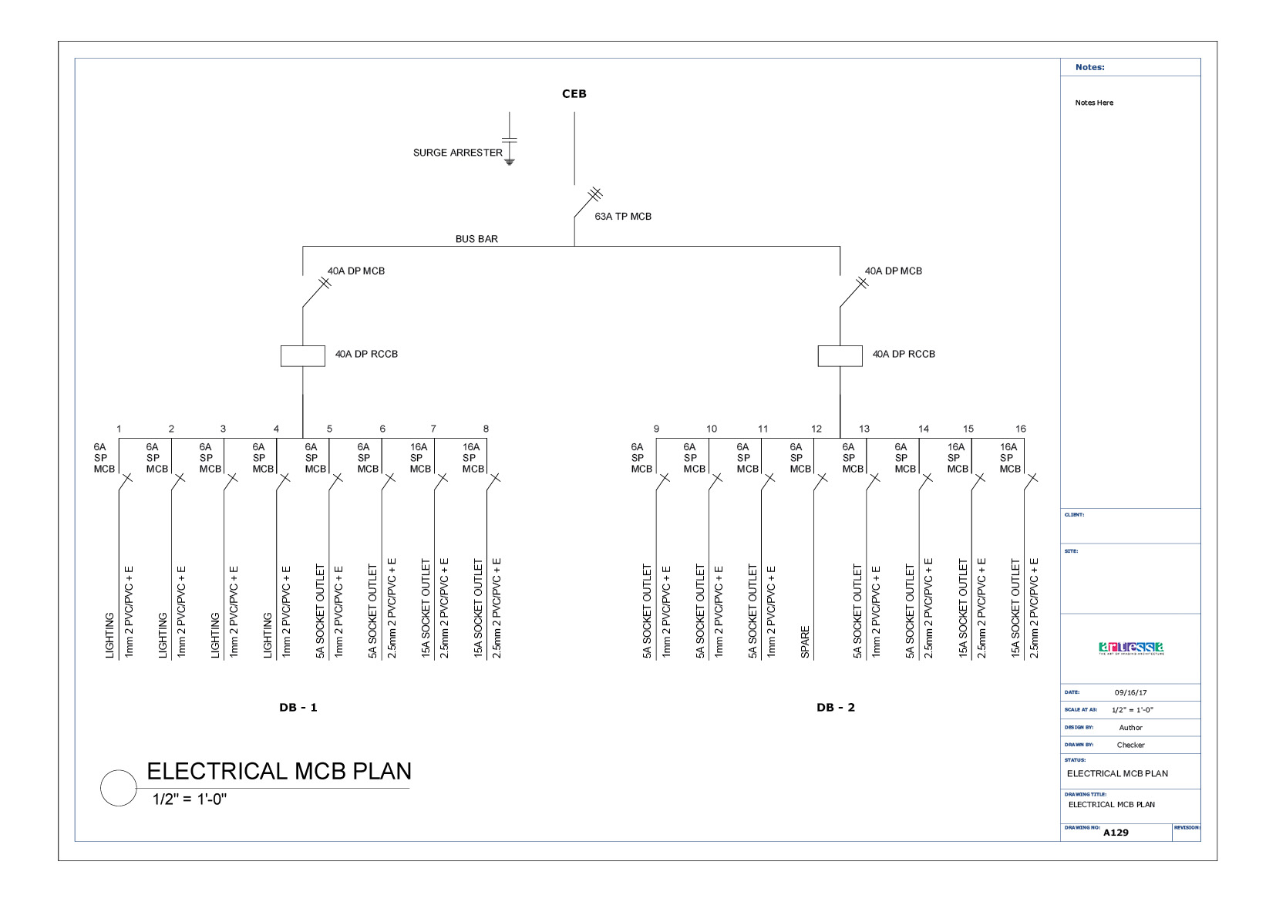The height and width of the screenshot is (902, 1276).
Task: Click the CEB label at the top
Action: [x=574, y=94]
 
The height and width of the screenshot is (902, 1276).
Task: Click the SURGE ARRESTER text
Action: [x=457, y=153]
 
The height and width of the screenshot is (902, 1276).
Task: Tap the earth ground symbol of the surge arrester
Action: [x=509, y=162]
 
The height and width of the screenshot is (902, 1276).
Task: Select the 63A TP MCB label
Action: [x=622, y=217]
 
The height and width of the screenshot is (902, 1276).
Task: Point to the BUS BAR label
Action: [x=476, y=239]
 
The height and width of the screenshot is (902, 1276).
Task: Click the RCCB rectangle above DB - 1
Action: [x=302, y=355]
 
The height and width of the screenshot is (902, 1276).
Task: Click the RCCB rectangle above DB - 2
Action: [x=840, y=355]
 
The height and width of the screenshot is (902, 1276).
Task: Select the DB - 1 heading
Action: [x=298, y=708]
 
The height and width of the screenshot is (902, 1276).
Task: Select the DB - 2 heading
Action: [x=835, y=708]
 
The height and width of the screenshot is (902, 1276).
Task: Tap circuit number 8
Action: [x=486, y=429]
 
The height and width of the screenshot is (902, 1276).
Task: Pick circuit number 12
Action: [x=816, y=429]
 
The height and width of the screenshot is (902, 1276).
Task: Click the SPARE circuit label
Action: [x=805, y=642]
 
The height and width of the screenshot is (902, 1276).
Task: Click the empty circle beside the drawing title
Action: [x=119, y=788]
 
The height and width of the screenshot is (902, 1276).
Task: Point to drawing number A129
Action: [x=1116, y=833]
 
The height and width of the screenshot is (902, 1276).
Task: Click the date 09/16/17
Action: [x=1130, y=692]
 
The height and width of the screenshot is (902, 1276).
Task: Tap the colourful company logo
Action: [x=1131, y=648]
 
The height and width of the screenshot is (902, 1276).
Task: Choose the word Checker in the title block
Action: [x=1130, y=745]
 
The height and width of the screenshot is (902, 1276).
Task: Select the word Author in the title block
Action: [x=1130, y=728]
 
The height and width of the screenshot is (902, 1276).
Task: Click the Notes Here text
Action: [x=1094, y=103]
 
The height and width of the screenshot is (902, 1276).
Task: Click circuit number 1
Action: [x=119, y=429]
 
